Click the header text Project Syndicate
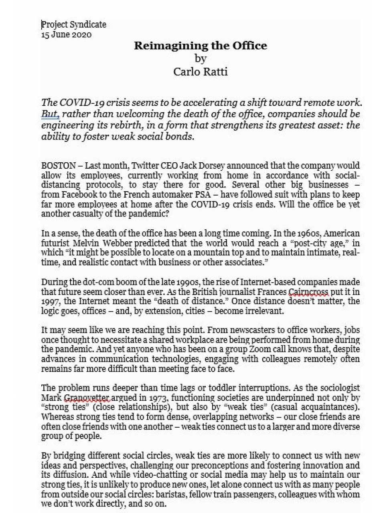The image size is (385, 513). pos(74,24)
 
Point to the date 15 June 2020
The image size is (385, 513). pos(66,34)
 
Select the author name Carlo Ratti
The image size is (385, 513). pos(200,72)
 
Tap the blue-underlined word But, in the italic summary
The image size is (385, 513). pos(50,114)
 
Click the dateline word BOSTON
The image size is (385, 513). pos(58,166)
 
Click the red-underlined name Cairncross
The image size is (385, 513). pos(308,291)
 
